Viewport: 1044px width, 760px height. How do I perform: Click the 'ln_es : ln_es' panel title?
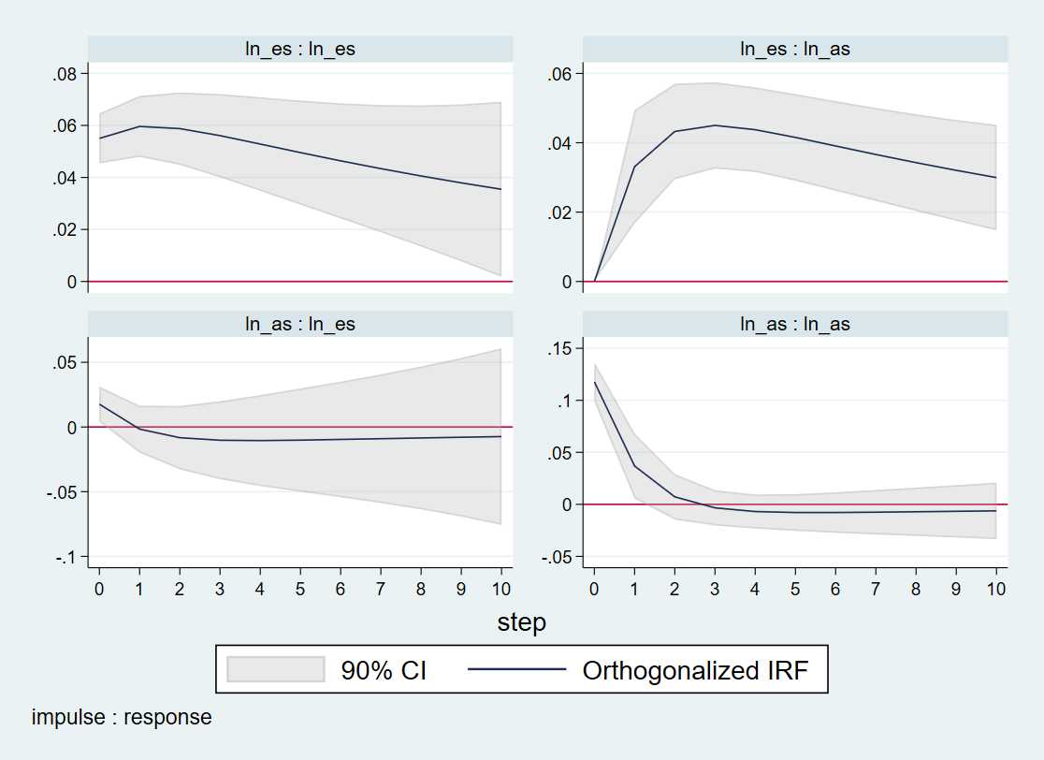pos(300,49)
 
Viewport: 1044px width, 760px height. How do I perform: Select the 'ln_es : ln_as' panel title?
pos(795,49)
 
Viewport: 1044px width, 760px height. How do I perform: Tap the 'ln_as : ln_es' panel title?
pos(300,324)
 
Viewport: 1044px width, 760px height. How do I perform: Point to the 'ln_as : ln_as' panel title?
pos(795,324)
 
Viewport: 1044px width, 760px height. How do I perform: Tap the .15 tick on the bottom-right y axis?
pos(563,349)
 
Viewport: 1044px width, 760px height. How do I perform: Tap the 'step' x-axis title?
pos(521,622)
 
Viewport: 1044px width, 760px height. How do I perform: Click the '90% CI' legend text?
pos(384,670)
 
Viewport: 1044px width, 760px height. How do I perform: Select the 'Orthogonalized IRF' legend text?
pos(693,670)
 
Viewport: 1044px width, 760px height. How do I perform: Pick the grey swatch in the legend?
pos(276,669)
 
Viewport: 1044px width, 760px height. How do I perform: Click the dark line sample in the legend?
pos(516,669)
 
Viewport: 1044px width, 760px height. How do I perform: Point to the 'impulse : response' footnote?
pos(122,718)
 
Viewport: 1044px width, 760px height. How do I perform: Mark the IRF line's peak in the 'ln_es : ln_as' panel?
pos(715,124)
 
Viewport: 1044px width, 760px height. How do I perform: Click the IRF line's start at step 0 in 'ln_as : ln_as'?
pos(594,382)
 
